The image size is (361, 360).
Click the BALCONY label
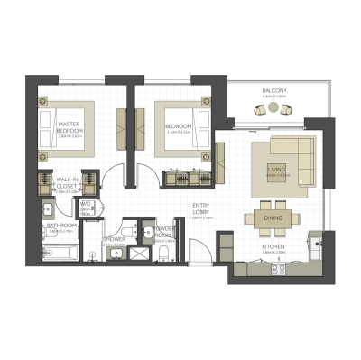point(274,91)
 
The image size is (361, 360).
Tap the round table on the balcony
point(274,109)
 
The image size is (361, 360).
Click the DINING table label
point(273,218)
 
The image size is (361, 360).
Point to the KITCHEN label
point(273,246)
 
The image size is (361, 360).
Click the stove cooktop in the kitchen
point(279,268)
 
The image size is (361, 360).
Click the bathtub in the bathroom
point(60,252)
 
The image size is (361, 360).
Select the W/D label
point(87,206)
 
